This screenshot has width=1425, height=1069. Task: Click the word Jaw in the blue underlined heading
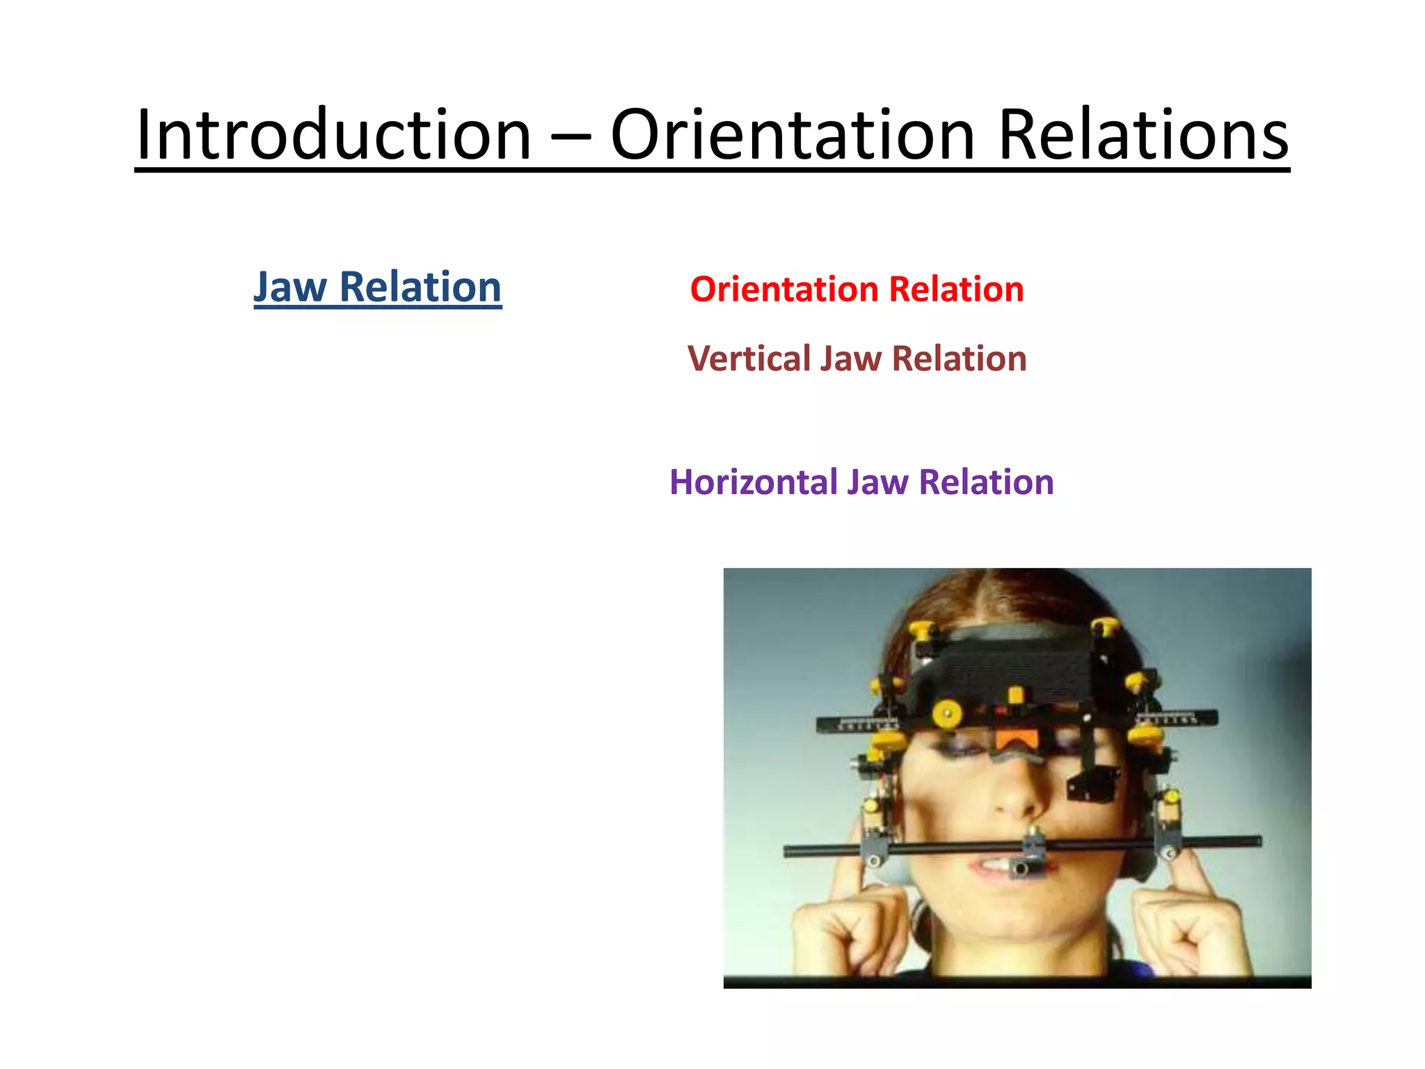289,287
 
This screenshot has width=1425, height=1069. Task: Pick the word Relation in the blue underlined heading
420,287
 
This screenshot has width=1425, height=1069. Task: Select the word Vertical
749,359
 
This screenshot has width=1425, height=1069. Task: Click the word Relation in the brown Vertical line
959,359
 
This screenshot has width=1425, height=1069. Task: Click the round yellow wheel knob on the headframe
947,713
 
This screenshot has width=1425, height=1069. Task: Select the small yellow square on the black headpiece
1016,695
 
